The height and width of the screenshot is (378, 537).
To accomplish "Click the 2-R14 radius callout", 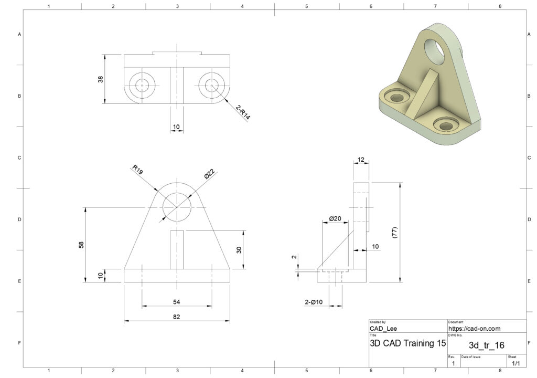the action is pyautogui.click(x=243, y=113).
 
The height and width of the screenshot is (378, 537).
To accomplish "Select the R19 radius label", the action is pyautogui.click(x=137, y=170).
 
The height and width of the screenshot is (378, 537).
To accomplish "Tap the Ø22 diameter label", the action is pyautogui.click(x=209, y=174).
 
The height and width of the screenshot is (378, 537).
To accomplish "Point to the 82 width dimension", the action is pyautogui.click(x=176, y=317).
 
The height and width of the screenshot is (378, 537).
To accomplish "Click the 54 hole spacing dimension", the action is pyautogui.click(x=176, y=302).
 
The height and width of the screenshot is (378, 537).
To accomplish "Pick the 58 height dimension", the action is pyautogui.click(x=81, y=245).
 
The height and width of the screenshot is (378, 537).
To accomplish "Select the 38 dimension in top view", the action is pyautogui.click(x=100, y=79).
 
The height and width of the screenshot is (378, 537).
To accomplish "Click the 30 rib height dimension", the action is pyautogui.click(x=239, y=250).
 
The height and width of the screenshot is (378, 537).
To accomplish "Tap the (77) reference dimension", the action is pyautogui.click(x=394, y=233).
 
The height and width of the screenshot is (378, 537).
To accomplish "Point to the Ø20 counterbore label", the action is pyautogui.click(x=335, y=218).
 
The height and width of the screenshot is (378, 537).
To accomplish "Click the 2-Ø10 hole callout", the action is pyautogui.click(x=314, y=302).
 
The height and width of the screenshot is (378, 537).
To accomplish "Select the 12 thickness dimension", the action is pyautogui.click(x=361, y=160).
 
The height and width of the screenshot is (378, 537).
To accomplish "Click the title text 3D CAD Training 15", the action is pyautogui.click(x=408, y=343).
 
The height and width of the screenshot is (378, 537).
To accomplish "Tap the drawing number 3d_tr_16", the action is pyautogui.click(x=487, y=345).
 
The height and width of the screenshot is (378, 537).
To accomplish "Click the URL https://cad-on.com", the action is pyautogui.click(x=474, y=329).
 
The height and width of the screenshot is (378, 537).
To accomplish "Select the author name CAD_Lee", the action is pyautogui.click(x=383, y=329).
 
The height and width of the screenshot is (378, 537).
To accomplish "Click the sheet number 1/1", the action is pyautogui.click(x=516, y=363).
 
